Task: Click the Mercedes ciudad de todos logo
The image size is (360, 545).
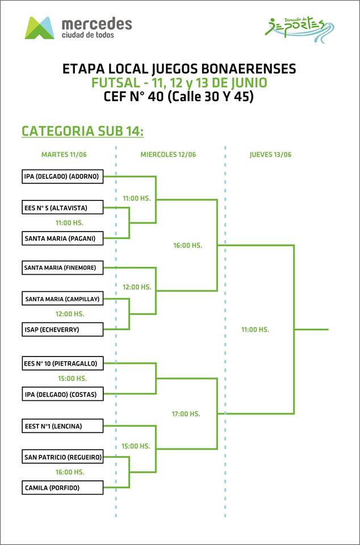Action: point(78,27)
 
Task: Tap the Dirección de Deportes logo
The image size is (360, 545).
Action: point(300,26)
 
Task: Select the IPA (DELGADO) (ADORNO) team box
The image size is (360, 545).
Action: point(62,177)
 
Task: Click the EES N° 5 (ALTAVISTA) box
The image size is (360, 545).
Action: point(62,208)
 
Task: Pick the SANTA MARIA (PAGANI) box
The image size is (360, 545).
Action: point(62,238)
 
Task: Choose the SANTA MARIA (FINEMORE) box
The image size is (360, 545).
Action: point(62,267)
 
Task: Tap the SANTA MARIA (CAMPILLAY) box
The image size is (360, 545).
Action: point(62,298)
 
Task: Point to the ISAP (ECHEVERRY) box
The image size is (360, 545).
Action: point(62,329)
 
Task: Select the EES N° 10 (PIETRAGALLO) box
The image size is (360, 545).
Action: point(62,363)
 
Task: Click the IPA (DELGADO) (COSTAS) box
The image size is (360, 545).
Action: point(62,394)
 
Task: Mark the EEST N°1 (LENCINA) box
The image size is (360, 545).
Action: point(62,425)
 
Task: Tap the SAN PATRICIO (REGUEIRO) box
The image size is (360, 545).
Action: point(62,456)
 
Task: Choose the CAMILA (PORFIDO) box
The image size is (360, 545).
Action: point(62,487)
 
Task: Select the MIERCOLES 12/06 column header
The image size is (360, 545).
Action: point(168,154)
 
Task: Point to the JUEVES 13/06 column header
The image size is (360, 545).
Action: point(270,154)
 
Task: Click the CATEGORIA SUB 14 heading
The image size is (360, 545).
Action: point(82,131)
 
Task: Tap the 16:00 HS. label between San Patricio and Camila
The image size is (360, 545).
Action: point(70,472)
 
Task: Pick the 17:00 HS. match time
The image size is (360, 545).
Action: point(186,414)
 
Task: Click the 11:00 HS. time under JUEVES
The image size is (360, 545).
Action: point(255,329)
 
